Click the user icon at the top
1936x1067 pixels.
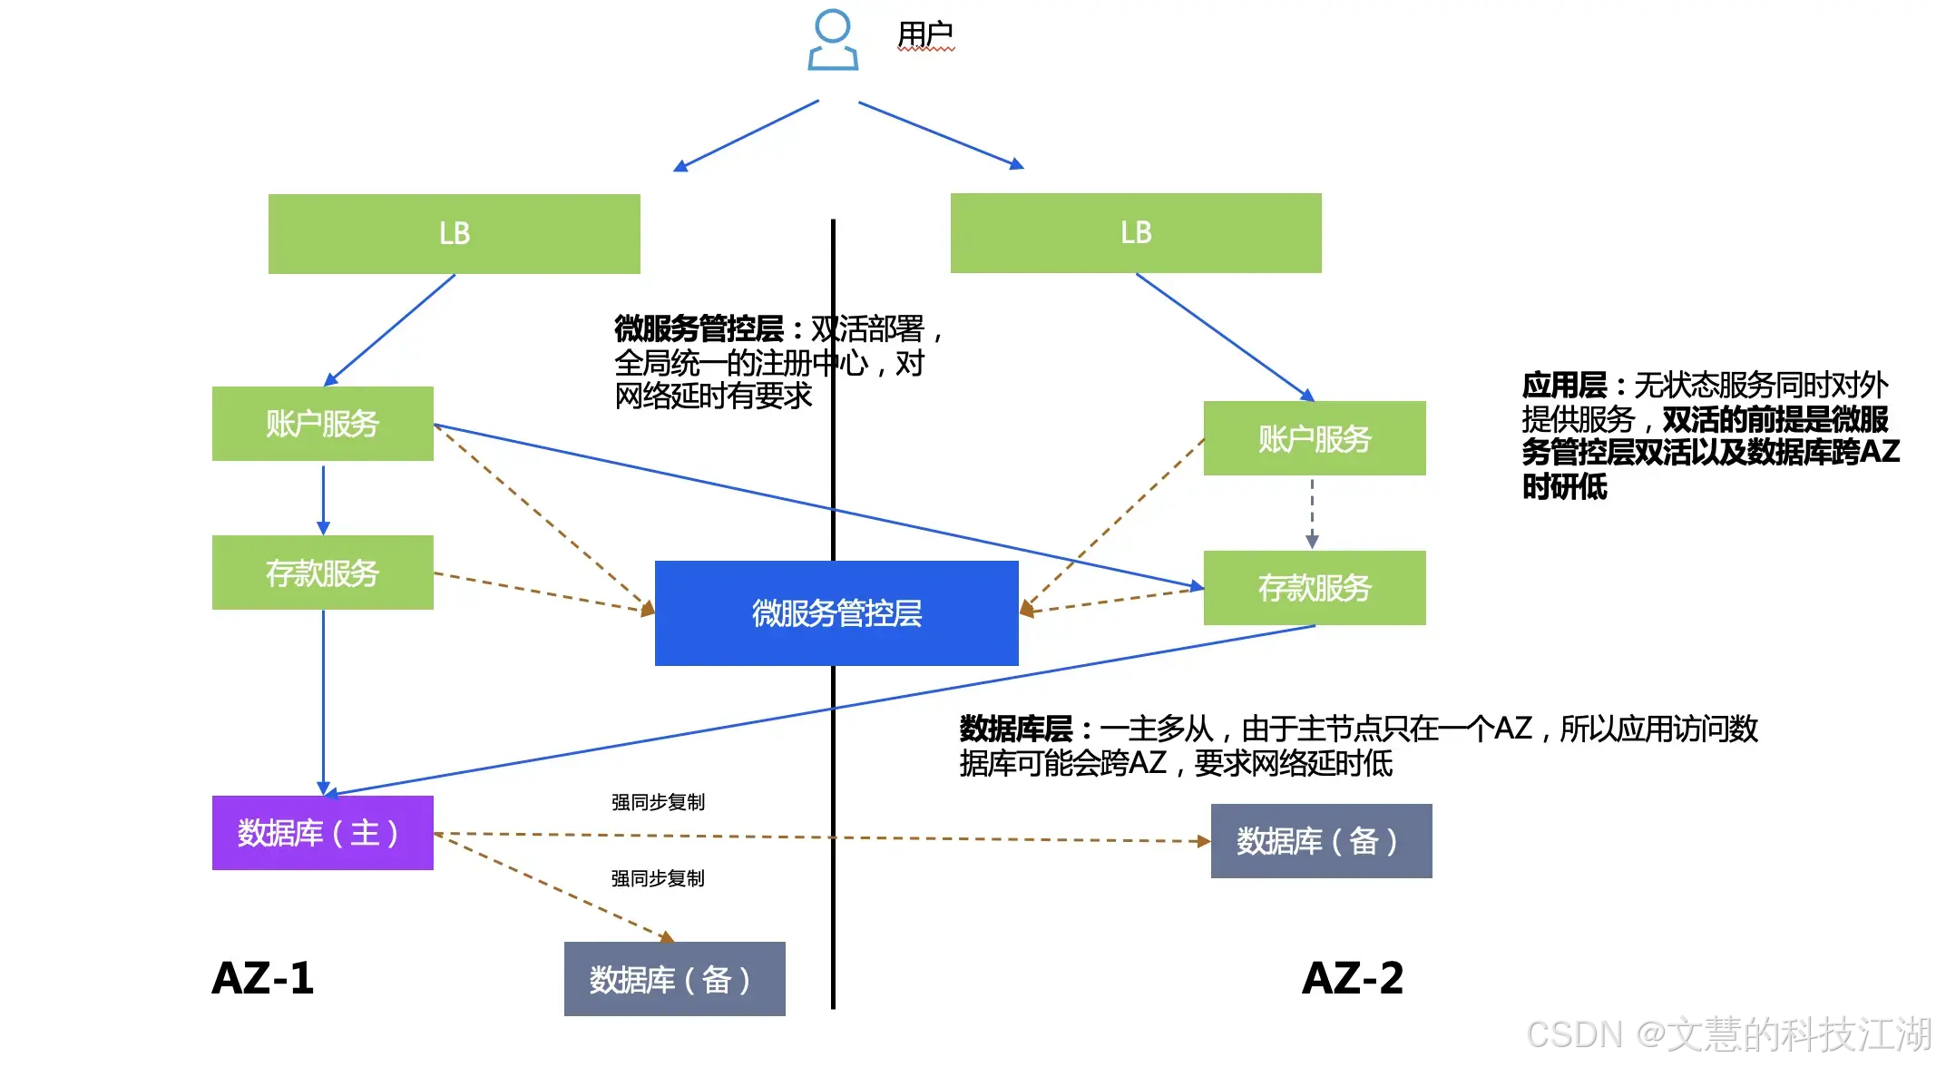pyautogui.click(x=833, y=41)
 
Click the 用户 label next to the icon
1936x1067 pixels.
pyautogui.click(x=925, y=34)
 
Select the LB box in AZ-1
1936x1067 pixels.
pyautogui.click(x=455, y=234)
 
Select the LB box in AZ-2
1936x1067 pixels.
pyautogui.click(x=1136, y=233)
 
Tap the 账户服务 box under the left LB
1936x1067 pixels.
pyautogui.click(x=323, y=424)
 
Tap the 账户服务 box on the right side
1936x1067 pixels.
pyautogui.click(x=1315, y=438)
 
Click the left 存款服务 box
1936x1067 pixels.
pyautogui.click(x=323, y=573)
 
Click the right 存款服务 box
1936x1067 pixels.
pyautogui.click(x=1315, y=588)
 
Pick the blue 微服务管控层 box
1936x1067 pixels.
pyautogui.click(x=836, y=613)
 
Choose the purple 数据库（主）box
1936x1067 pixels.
pyautogui.click(x=323, y=833)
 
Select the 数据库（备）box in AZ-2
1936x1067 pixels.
pyautogui.click(x=1322, y=841)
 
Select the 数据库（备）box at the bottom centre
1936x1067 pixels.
pyautogui.click(x=675, y=979)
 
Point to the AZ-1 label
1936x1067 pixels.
pyautogui.click(x=263, y=978)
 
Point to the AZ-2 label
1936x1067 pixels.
pyautogui.click(x=1353, y=978)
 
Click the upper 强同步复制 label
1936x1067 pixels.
pyautogui.click(x=658, y=802)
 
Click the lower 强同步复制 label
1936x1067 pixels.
pyautogui.click(x=658, y=878)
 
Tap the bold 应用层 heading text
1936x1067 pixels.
pyautogui.click(x=1565, y=386)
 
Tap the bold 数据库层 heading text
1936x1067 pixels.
pyautogui.click(x=1016, y=729)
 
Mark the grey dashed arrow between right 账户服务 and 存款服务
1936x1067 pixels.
pyautogui.click(x=1312, y=514)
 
